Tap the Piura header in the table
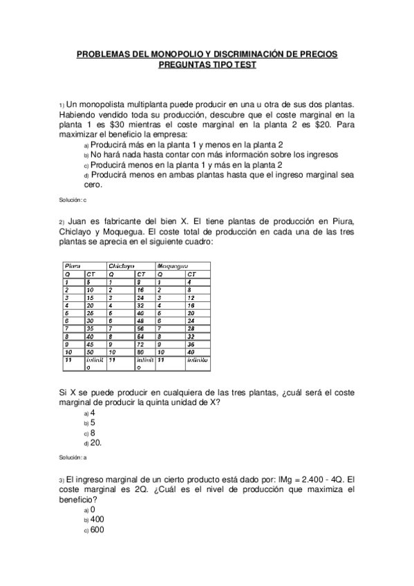[x=73, y=265]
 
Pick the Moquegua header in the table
[x=173, y=265]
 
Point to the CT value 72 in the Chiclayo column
[x=140, y=343]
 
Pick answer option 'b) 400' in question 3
[x=95, y=519]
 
